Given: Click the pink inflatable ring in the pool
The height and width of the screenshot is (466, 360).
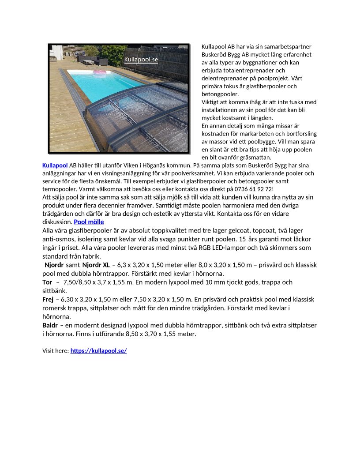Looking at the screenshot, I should pyautogui.click(x=100, y=73).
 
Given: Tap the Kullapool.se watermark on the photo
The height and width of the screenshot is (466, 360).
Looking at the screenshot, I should pyautogui.click(x=141, y=59).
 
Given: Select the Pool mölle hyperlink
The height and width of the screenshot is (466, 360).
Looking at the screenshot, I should pyautogui.click(x=89, y=222).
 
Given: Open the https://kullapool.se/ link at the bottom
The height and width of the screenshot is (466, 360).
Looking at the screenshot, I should pyautogui.click(x=98, y=351).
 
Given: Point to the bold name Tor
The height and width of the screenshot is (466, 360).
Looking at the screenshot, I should pyautogui.click(x=47, y=282).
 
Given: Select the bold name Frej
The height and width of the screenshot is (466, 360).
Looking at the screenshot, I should pyautogui.click(x=48, y=300).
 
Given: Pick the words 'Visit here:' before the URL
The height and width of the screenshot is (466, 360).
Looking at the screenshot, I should pyautogui.click(x=56, y=351).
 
